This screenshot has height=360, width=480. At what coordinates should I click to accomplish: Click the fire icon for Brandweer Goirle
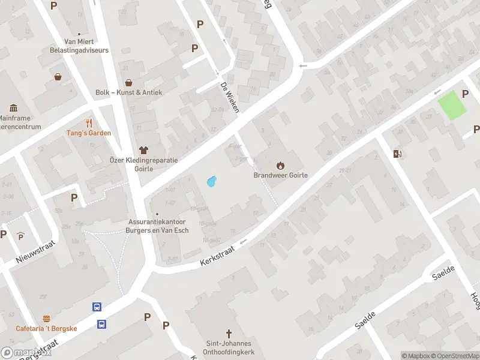280,165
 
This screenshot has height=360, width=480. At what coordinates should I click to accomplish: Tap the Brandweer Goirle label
280,176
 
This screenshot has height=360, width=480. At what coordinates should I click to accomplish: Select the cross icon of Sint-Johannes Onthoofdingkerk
229,333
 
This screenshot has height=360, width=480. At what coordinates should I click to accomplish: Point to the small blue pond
211,181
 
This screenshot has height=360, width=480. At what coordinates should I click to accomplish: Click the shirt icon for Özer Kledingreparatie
143,149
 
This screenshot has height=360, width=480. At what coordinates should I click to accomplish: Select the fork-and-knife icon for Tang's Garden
89,122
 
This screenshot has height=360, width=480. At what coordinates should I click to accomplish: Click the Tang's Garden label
89,133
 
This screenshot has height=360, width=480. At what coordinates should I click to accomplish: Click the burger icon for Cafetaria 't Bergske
46,319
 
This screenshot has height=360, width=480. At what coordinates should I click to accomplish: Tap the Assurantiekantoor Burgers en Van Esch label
158,226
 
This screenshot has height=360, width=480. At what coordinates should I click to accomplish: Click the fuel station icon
397,154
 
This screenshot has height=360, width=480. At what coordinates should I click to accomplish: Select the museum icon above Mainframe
13,108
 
